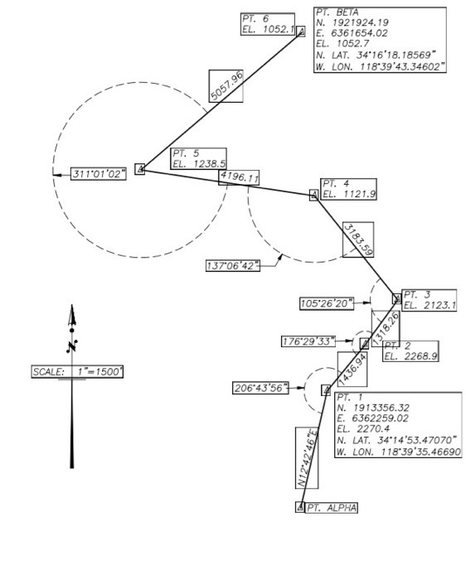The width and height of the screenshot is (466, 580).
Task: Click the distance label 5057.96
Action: click(x=226, y=86)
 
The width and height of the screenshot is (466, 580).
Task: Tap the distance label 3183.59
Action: click(x=358, y=239)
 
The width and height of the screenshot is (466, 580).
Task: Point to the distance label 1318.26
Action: click(x=386, y=328)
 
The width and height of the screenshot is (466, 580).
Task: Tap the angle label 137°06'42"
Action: click(x=233, y=265)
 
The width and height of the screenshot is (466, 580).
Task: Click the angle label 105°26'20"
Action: click(x=327, y=304)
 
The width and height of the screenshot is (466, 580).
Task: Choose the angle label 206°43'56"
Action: click(x=260, y=388)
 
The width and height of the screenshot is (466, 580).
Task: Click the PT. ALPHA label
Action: click(x=332, y=507)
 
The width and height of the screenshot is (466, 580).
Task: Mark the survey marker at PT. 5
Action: click(x=140, y=169)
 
